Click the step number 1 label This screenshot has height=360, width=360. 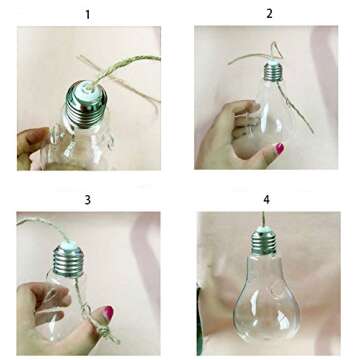click(87, 13)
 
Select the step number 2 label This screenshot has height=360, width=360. click(269, 13)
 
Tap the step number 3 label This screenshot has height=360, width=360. click(87, 200)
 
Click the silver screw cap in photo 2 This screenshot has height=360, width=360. click(272, 73)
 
